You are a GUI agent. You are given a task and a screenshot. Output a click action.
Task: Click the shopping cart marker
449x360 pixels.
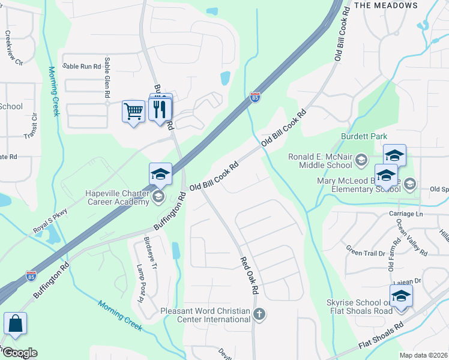click(133, 111)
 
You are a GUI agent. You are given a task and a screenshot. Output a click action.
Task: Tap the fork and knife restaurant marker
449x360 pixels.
click(160, 109)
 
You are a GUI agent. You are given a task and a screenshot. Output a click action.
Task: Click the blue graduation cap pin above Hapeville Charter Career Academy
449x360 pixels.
click(160, 174)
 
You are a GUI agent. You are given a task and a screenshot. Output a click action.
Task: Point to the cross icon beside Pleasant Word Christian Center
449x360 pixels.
click(259, 314)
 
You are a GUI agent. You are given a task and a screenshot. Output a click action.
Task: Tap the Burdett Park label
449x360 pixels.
click(364, 137)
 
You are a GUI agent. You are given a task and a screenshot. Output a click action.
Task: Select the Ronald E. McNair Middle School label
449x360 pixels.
click(320, 161)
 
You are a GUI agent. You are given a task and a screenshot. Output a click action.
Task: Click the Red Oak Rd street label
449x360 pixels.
click(249, 276)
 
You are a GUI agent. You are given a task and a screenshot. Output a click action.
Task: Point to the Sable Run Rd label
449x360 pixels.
click(82, 66)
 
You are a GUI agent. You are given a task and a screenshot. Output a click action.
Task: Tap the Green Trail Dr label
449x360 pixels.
click(366, 249)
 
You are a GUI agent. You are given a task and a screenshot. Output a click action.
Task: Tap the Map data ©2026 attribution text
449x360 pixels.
click(423, 355)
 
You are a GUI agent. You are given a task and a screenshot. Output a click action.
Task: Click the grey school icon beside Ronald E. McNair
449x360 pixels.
click(361, 160)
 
